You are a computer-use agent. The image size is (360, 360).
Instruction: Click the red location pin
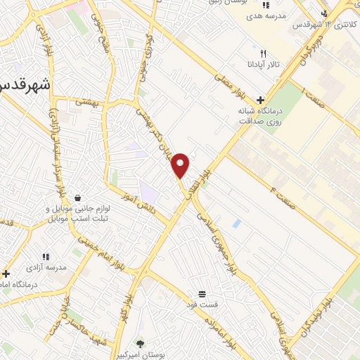pyautogui.click(x=181, y=165)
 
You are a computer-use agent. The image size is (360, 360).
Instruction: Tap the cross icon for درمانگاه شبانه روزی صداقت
pyautogui.click(x=260, y=100)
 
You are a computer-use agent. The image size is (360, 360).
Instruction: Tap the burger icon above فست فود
pyautogui.click(x=202, y=293)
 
